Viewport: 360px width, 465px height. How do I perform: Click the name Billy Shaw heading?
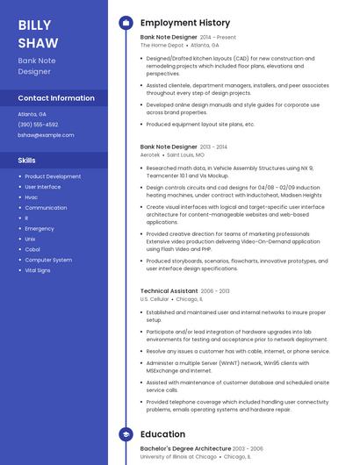click(38, 33)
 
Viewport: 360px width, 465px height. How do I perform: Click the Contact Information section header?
click(56, 98)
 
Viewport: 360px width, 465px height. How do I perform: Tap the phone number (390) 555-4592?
click(38, 125)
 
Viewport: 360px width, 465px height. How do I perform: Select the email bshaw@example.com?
click(46, 135)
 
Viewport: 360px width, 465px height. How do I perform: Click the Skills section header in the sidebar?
click(27, 161)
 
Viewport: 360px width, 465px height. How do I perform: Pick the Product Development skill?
click(53, 176)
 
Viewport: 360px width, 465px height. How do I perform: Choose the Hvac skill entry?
click(32, 197)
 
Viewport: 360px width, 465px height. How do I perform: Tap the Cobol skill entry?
click(32, 249)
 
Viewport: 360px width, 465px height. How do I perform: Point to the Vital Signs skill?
click(38, 270)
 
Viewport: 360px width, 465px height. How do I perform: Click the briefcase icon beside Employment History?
click(126, 23)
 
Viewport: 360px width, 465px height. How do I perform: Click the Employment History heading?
click(184, 23)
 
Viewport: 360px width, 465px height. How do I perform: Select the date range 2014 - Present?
click(218, 38)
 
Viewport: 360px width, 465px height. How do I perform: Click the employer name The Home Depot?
click(162, 45)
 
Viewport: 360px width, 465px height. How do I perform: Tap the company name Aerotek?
click(150, 154)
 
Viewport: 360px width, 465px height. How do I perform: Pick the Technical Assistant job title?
click(169, 290)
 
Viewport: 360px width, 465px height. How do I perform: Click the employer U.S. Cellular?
click(155, 298)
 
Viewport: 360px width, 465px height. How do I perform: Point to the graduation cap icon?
click(126, 434)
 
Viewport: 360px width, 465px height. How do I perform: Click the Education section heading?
click(162, 434)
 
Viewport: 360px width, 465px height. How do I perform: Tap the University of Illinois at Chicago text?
click(178, 457)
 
